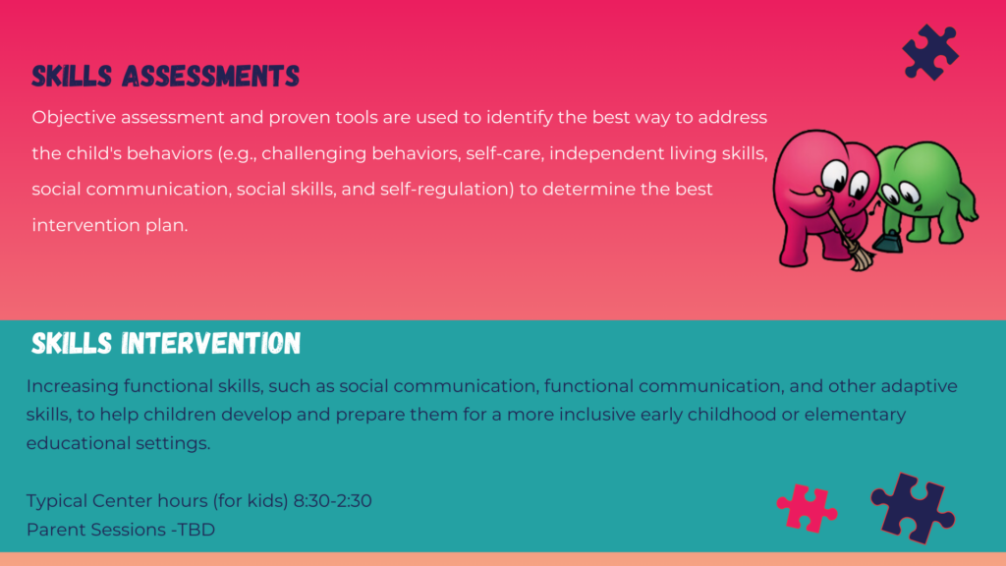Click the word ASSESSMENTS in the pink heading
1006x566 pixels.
tap(210, 76)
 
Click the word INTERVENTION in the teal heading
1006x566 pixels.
tap(210, 343)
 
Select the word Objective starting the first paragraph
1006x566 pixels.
tap(74, 118)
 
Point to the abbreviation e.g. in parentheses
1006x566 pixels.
tap(240, 154)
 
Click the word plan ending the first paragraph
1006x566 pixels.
tap(168, 225)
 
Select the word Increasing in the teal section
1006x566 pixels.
tap(72, 386)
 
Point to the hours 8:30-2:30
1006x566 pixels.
tap(332, 500)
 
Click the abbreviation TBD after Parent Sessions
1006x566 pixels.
tap(196, 530)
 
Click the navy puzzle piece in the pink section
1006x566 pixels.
tap(930, 53)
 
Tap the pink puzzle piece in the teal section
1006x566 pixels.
tap(807, 508)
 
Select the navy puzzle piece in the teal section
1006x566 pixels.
tap(913, 508)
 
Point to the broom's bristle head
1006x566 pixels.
tap(861, 258)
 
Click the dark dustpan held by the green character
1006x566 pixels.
tap(888, 241)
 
